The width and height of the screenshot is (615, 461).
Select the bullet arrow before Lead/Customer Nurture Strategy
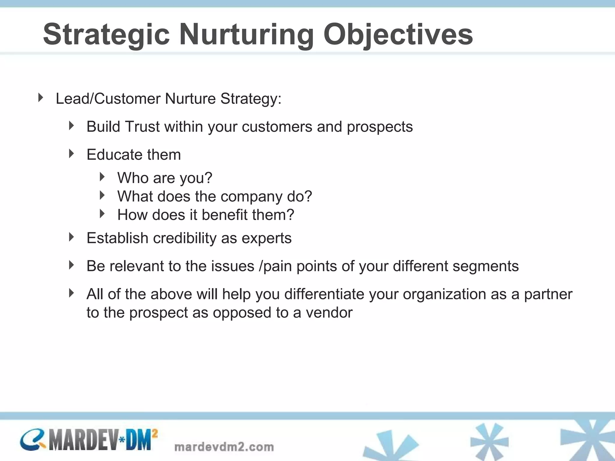[x=41, y=98]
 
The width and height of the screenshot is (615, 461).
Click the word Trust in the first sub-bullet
[x=142, y=126]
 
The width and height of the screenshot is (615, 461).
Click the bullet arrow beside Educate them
[x=71, y=154]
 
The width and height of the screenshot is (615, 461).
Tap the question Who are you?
[x=165, y=178]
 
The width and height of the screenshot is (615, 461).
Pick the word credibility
[x=184, y=238]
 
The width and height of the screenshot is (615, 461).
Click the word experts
[x=266, y=239]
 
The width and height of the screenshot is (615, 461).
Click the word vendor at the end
[x=329, y=312]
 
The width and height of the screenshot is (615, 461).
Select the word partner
[x=548, y=294]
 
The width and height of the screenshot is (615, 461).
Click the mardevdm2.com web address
[x=224, y=447]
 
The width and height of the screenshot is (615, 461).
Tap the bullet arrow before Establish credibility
[x=71, y=237]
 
